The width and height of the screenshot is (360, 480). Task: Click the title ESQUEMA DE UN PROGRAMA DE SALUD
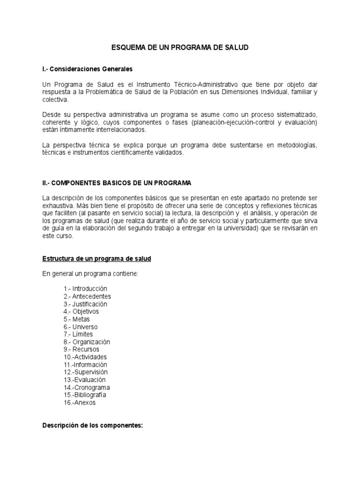180,48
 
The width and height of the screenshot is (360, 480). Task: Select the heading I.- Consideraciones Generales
87,69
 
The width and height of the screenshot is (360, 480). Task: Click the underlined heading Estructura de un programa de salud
97,259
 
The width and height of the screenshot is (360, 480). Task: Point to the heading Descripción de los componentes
92,426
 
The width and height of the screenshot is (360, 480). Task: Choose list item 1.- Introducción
85,289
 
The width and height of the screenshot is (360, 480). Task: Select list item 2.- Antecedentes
87,296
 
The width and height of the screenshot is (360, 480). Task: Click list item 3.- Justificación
85,304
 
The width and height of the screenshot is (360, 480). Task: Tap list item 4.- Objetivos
81,312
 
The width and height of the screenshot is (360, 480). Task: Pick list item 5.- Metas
77,319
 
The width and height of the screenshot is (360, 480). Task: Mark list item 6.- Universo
81,327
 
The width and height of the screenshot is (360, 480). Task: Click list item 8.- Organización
87,342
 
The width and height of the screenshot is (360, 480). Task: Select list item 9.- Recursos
81,349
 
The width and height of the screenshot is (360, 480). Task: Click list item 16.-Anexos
79,403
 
